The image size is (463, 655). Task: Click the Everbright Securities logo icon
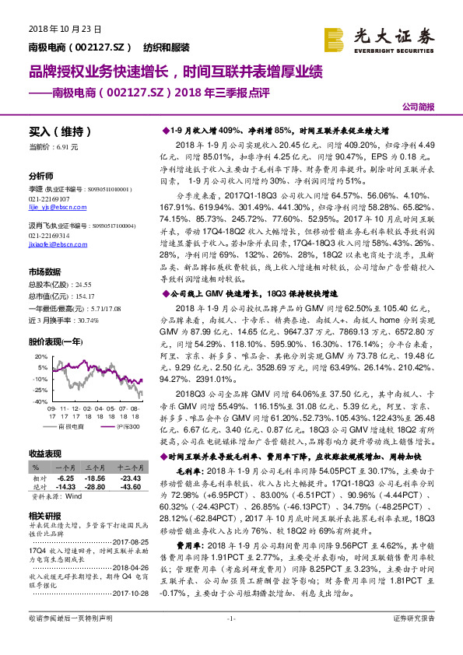click(335, 38)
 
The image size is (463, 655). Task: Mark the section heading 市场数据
click(45, 271)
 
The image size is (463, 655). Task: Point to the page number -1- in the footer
click(231, 639)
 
